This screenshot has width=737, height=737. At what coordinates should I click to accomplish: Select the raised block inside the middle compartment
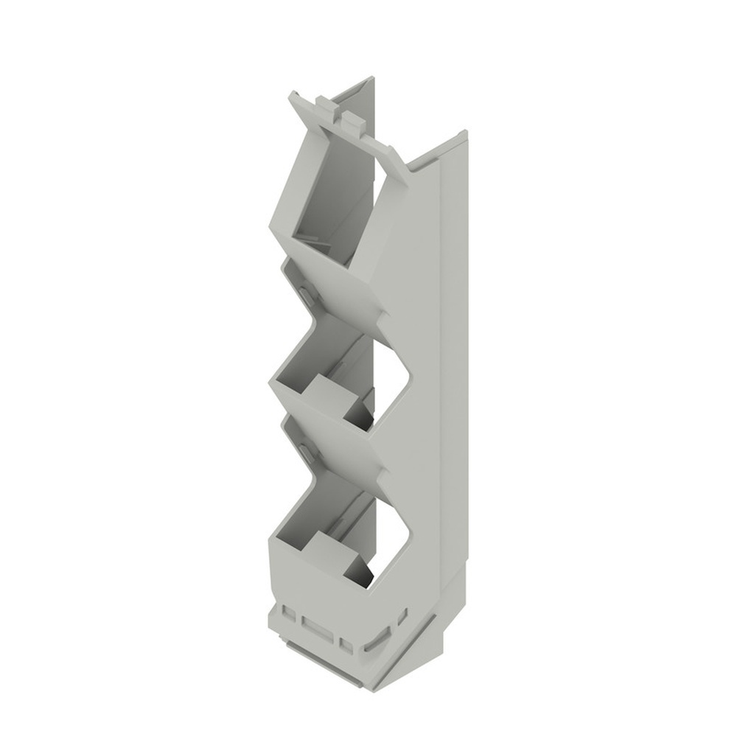(329, 398)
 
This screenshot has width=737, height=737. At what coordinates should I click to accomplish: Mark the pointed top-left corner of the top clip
(292, 94)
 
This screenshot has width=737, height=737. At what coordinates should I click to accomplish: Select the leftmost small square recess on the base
(289, 613)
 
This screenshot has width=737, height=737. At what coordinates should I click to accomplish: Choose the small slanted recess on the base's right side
(402, 615)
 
